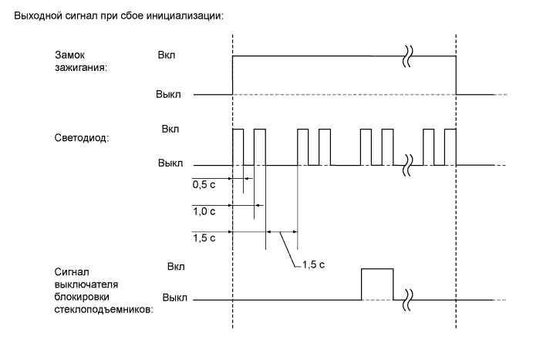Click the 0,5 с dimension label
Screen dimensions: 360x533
coord(204,186)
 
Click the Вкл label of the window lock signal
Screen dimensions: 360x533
coord(176,266)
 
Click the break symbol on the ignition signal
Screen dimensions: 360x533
coord(408,56)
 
